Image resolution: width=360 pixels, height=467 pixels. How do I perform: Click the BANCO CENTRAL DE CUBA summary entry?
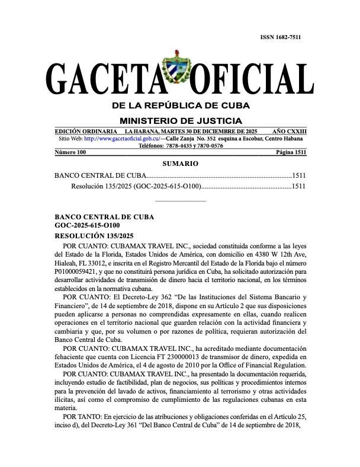coord(98,176)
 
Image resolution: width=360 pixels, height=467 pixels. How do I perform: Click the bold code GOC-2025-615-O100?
coord(87,225)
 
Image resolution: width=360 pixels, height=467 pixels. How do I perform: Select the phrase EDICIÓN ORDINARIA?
coord(85,131)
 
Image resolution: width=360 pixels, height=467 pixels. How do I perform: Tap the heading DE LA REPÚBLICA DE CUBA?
coord(181,105)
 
